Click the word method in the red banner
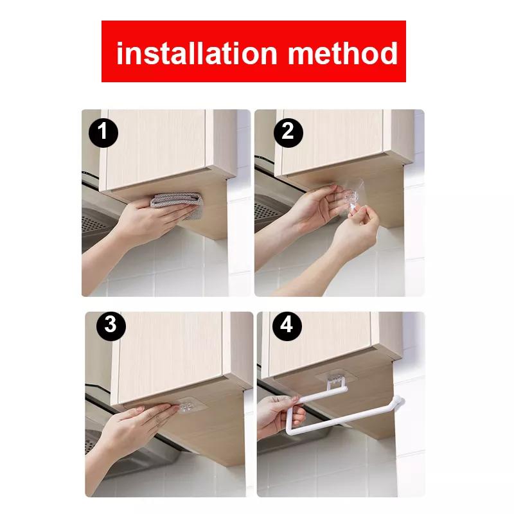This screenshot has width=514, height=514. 343,53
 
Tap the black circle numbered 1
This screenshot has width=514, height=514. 103,134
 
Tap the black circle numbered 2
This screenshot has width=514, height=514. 288,132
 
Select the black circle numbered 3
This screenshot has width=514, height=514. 111,325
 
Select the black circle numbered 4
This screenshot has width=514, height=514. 287,326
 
